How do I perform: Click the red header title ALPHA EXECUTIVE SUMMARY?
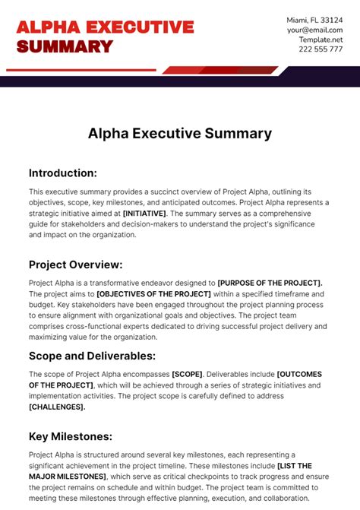(105, 36)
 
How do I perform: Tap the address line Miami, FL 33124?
(315, 19)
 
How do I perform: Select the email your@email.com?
(315, 30)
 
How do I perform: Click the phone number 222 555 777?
(320, 49)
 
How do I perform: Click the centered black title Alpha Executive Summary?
(180, 133)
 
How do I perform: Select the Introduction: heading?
(63, 173)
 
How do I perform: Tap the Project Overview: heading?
(76, 265)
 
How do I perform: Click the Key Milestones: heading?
(71, 436)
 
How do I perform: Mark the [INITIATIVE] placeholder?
(144, 214)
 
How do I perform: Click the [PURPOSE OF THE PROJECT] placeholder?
(270, 283)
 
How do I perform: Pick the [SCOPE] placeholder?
(188, 374)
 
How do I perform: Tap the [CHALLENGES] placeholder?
(57, 407)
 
